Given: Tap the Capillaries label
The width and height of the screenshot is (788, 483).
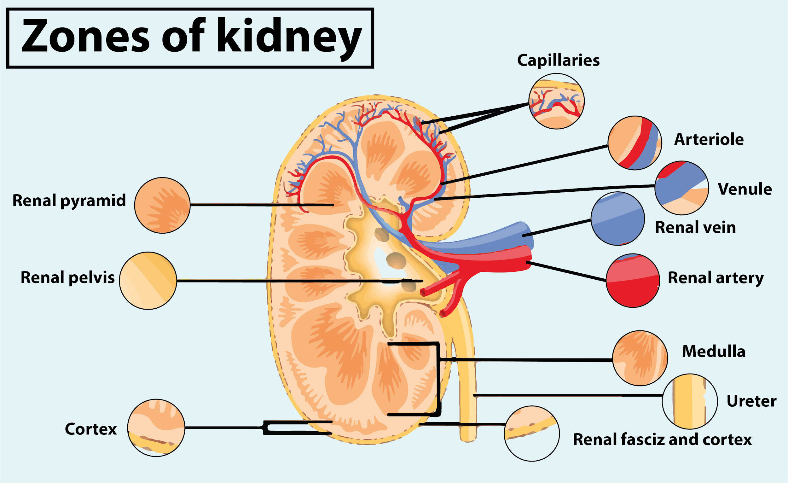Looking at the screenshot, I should click(x=558, y=61).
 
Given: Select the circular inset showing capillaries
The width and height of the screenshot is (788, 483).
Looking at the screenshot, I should click(x=556, y=101).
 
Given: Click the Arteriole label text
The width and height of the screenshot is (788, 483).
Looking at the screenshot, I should click(x=709, y=139).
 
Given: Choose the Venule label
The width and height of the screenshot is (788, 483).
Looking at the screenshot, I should click(x=745, y=189).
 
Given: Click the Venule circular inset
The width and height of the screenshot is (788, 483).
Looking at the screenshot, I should click(x=681, y=188).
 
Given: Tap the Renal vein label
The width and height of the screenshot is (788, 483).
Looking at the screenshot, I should click(x=696, y=227).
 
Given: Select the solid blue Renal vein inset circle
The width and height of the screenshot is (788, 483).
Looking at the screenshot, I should click(x=617, y=219).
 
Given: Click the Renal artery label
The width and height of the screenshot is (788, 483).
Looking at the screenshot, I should click(x=716, y=278).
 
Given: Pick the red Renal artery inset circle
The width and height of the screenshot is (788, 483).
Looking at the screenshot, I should click(x=633, y=281).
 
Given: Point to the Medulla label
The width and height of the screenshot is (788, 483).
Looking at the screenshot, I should click(x=714, y=351).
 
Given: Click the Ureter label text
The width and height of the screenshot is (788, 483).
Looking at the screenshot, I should click(x=751, y=401).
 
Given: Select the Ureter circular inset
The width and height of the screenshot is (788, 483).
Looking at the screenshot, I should click(x=690, y=401).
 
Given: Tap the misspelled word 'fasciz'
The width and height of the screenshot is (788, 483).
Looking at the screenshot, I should click(x=642, y=439).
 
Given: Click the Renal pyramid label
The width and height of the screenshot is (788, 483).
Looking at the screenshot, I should click(x=69, y=201).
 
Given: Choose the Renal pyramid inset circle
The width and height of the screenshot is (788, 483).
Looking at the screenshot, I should click(x=162, y=205).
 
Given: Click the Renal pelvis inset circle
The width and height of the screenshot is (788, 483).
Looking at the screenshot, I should click(x=148, y=281).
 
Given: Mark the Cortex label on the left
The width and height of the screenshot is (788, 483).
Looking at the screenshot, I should click(x=91, y=429).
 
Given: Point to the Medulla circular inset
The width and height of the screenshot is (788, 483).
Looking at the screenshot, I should click(x=640, y=358).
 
